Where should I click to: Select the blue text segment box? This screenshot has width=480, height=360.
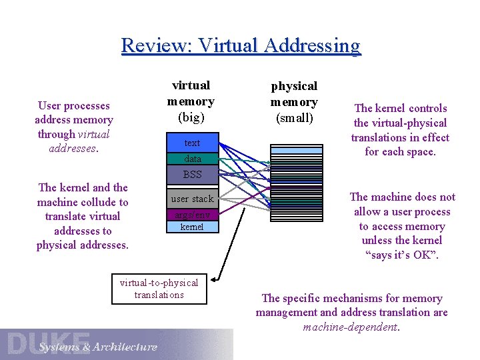(x=192, y=143)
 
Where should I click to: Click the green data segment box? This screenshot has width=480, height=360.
(x=192, y=159)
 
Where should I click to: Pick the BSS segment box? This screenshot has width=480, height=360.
(x=192, y=175)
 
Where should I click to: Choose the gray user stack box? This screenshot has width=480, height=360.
(x=192, y=199)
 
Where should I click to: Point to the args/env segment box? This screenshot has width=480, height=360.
(x=192, y=215)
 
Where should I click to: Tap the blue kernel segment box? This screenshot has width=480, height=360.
(x=192, y=227)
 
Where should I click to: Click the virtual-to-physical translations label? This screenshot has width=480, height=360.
(x=159, y=289)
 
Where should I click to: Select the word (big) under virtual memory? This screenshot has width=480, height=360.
(x=191, y=118)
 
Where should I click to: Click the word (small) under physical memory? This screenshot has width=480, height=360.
(x=293, y=119)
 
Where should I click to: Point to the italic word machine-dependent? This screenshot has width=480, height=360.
(x=351, y=327)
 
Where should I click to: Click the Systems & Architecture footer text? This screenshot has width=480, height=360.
(x=97, y=347)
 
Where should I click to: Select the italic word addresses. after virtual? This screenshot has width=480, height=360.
(x=73, y=148)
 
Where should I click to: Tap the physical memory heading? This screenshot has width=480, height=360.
(x=293, y=94)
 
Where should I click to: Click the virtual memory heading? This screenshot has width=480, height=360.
(x=191, y=93)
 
